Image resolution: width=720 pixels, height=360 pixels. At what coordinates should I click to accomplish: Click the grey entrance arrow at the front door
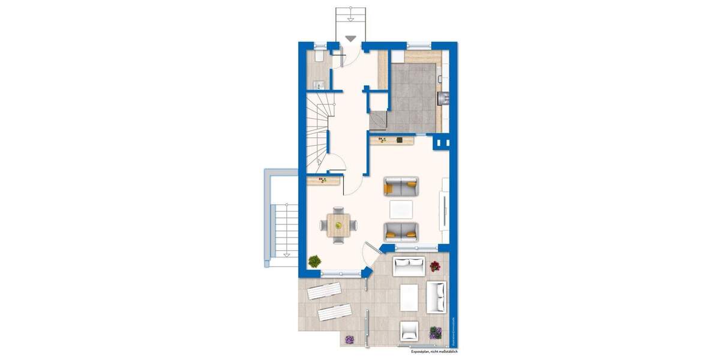(350, 38)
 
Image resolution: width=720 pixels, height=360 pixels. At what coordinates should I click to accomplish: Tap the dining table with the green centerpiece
(338, 225)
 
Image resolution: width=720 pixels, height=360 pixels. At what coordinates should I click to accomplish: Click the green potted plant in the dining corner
(314, 261)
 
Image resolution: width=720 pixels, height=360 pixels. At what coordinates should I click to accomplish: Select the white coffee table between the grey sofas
(401, 209)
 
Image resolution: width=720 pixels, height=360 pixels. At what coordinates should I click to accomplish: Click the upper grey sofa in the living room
(401, 187)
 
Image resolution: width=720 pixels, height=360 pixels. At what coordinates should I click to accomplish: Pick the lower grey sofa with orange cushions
(401, 232)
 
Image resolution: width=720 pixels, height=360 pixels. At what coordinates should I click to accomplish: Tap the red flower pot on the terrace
(435, 266)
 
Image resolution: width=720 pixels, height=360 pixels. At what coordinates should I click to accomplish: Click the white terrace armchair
(410, 329)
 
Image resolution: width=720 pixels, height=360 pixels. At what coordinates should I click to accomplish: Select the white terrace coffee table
(409, 295)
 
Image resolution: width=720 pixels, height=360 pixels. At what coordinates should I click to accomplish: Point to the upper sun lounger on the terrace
(325, 292)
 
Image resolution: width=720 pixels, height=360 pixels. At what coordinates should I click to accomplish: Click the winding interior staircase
(318, 129)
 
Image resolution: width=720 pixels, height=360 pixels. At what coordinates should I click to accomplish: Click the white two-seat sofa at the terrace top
(409, 265)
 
